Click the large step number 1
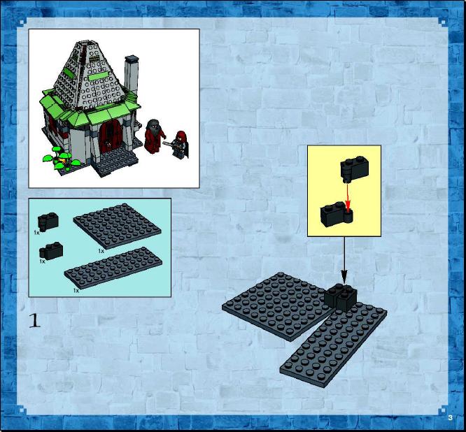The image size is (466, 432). point(34,320)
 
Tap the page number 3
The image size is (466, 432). point(450,418)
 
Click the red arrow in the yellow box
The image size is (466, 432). point(348,199)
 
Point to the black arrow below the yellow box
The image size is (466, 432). point(344,260)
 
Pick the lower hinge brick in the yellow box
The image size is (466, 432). point(337,214)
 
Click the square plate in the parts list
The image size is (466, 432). point(117,226)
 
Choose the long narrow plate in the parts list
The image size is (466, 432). point(113,267)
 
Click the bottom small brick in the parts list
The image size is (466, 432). point(51,251)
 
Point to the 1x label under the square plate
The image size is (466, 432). point(101,251)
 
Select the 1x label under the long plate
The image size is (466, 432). point(76,291)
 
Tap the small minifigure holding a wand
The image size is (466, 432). point(179,145)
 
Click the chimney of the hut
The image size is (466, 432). point(131,75)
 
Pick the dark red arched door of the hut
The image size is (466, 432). point(111,136)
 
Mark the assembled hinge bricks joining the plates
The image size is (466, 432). point(340,297)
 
